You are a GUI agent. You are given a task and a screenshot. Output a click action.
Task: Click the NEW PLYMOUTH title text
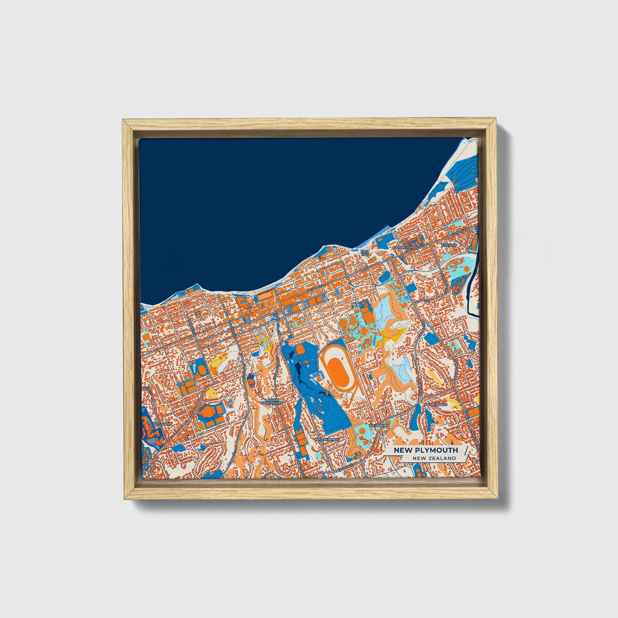[x=426, y=450]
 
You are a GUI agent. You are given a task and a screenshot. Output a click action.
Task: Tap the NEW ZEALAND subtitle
[x=434, y=458]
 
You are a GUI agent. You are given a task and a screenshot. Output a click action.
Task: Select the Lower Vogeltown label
[x=272, y=401]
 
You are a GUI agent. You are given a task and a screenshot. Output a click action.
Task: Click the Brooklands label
[x=327, y=439]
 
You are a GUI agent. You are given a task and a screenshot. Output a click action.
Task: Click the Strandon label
[x=404, y=247]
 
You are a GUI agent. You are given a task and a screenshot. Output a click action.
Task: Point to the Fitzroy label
[x=449, y=245]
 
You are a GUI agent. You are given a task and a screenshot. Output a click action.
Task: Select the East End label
[x=364, y=253]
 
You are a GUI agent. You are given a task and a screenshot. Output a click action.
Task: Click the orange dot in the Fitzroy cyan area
[x=466, y=269]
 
